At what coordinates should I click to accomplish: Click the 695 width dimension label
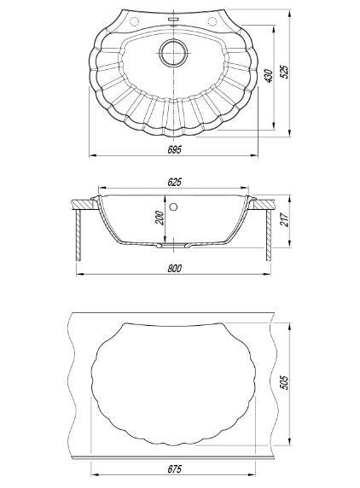pos(174,149)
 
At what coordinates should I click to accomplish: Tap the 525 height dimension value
pos(284,72)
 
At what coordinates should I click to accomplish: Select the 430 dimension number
pos(269,76)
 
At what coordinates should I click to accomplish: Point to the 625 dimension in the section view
pos(174,182)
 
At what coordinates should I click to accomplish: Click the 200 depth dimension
pos(159,218)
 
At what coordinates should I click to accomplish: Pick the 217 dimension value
pos(284,220)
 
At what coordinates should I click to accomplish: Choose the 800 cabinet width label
pos(174,268)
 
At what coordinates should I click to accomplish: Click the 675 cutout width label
pos(174,469)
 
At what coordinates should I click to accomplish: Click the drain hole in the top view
pos(174,52)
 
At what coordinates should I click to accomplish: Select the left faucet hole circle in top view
pos(134,22)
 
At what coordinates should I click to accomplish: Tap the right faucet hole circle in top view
pos(212,21)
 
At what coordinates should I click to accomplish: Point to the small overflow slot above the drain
pos(173,20)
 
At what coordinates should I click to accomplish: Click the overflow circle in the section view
pos(174,206)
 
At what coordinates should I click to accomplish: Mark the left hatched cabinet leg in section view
pos(78,235)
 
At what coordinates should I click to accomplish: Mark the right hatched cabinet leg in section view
pos(269,235)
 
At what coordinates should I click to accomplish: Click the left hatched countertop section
pos(83,204)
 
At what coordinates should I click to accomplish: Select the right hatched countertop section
pos(264,204)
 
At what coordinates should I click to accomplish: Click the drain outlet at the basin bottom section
pos(174,246)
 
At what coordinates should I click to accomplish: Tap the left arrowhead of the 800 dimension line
pos(79,274)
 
